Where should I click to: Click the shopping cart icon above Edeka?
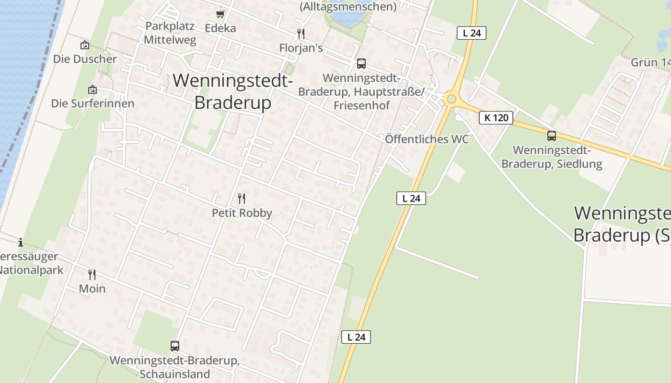click(x=220, y=14)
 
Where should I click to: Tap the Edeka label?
click(x=220, y=28)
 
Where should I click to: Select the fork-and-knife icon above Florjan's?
click(x=301, y=34)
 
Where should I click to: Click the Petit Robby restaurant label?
click(x=242, y=213)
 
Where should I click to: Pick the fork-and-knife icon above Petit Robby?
click(x=242, y=198)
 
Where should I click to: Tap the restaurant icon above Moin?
click(x=92, y=274)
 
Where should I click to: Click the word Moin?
click(x=92, y=289)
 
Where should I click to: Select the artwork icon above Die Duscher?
click(x=85, y=45)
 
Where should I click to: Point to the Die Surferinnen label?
click(x=93, y=103)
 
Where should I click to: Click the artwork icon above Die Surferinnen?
click(x=92, y=90)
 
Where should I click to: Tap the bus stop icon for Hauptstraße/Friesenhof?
click(x=361, y=63)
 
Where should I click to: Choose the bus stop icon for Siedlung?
click(x=552, y=136)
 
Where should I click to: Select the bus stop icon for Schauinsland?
click(x=175, y=346)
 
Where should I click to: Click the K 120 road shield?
click(x=496, y=117)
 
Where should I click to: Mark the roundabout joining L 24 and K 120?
click(x=451, y=100)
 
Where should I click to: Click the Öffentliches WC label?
click(x=427, y=139)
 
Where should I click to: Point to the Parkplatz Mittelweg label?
click(x=170, y=33)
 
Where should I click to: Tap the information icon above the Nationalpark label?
click(x=21, y=242)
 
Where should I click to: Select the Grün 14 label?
click(x=650, y=63)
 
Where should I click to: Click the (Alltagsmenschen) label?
click(x=348, y=7)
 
